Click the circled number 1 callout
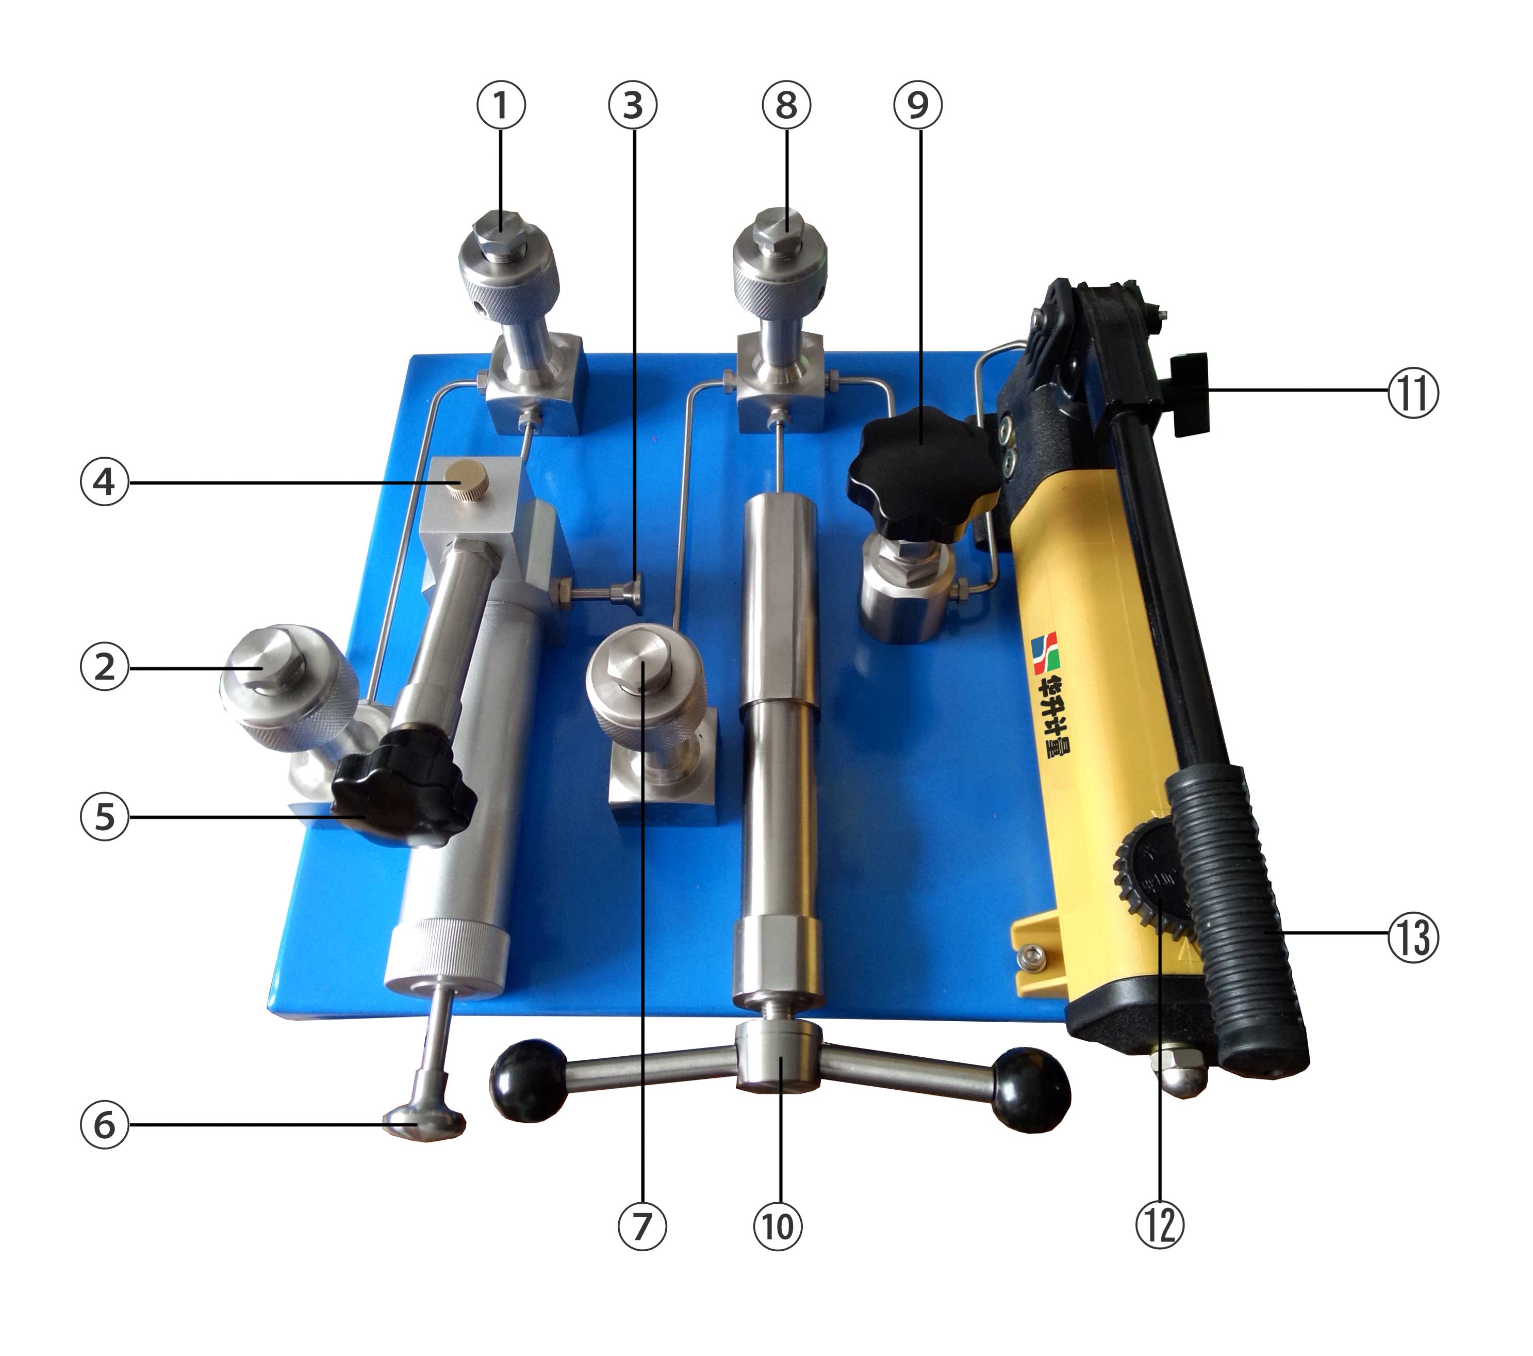click(x=501, y=106)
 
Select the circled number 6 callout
click(x=104, y=1125)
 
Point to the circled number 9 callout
click(x=917, y=106)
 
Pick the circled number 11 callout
click(x=1413, y=395)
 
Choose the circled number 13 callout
click(x=1413, y=937)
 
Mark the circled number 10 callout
click(x=778, y=1226)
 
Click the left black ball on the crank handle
click(x=528, y=1080)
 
